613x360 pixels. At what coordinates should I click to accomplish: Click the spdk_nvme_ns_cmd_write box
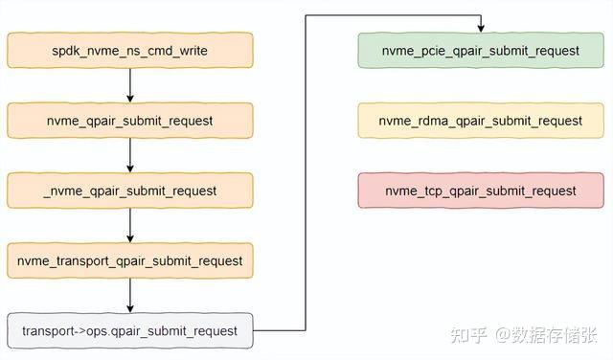tap(130, 50)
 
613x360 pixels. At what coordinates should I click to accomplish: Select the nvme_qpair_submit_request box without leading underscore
tap(130, 121)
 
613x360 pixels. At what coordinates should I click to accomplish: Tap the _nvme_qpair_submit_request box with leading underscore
tap(130, 191)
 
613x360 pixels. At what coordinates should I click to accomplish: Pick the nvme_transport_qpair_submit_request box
tap(130, 260)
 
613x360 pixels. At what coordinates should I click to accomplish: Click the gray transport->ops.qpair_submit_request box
tap(130, 330)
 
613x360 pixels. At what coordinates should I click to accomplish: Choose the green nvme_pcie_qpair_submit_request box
tap(481, 50)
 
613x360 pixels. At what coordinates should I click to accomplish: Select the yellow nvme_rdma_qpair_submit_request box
tap(481, 121)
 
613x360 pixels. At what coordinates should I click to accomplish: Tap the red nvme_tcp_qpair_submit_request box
tap(481, 191)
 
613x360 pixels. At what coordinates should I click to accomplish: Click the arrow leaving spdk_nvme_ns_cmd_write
tap(130, 85)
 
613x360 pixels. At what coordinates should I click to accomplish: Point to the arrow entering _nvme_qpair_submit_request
tap(130, 156)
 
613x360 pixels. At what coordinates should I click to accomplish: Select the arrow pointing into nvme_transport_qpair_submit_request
tap(130, 226)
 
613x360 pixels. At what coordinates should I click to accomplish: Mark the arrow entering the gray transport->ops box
tap(130, 296)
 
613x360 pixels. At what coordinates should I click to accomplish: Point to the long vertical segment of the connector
tap(306, 172)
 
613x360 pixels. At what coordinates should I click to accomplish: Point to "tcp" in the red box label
tap(437, 191)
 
